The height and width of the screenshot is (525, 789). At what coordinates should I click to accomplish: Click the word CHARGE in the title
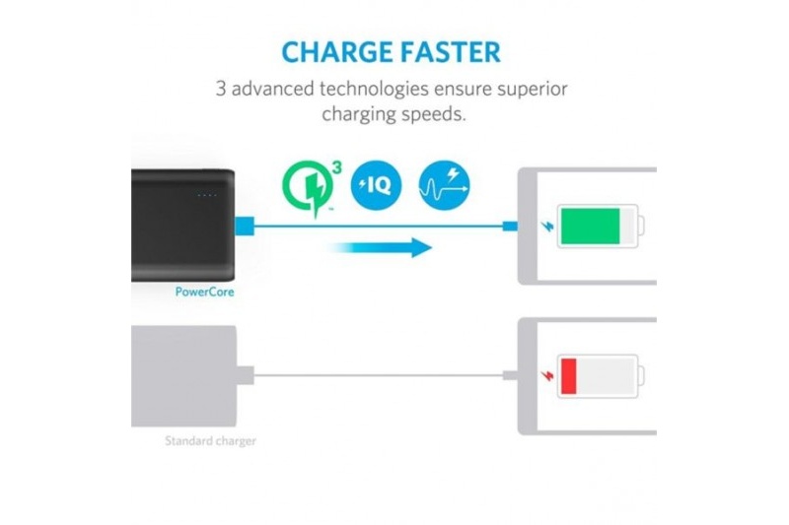pyautogui.click(x=337, y=52)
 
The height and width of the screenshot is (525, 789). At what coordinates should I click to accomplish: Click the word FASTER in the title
pyautogui.click(x=451, y=52)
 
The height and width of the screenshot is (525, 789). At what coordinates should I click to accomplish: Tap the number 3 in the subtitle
pyautogui.click(x=220, y=89)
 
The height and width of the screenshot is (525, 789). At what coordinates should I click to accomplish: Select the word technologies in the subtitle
pyautogui.click(x=374, y=89)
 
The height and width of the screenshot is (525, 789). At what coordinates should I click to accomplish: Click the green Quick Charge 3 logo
pyautogui.click(x=312, y=188)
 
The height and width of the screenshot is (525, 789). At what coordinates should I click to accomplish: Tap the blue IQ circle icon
pyautogui.click(x=376, y=185)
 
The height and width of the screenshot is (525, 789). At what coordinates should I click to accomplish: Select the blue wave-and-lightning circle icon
pyautogui.click(x=445, y=185)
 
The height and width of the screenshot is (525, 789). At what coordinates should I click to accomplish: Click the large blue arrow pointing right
pyautogui.click(x=381, y=247)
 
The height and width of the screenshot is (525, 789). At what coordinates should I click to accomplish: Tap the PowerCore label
pyautogui.click(x=204, y=292)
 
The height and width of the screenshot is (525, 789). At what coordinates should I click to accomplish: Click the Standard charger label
pyautogui.click(x=210, y=441)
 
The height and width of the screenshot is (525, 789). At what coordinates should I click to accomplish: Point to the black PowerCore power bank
pyautogui.click(x=183, y=226)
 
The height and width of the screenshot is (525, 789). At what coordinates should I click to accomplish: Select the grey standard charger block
pyautogui.click(x=183, y=376)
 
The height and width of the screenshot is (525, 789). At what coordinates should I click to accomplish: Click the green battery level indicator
pyautogui.click(x=590, y=227)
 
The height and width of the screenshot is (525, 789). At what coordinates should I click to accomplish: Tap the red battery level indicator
pyautogui.click(x=569, y=376)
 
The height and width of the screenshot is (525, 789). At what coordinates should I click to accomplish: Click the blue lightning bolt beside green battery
pyautogui.click(x=547, y=227)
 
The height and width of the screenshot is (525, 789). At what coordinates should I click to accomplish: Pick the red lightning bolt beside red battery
pyautogui.click(x=547, y=376)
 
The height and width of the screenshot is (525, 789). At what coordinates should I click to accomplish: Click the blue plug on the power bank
pyautogui.click(x=245, y=226)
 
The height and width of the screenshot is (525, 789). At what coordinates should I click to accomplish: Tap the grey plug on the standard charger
pyautogui.click(x=245, y=375)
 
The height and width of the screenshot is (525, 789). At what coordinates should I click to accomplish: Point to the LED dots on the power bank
pyautogui.click(x=207, y=195)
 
